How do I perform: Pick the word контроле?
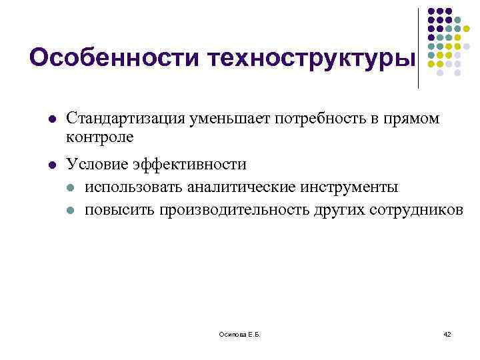coord(100,137)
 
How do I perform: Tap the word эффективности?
coord(188,164)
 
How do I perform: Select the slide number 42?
coord(447,334)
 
